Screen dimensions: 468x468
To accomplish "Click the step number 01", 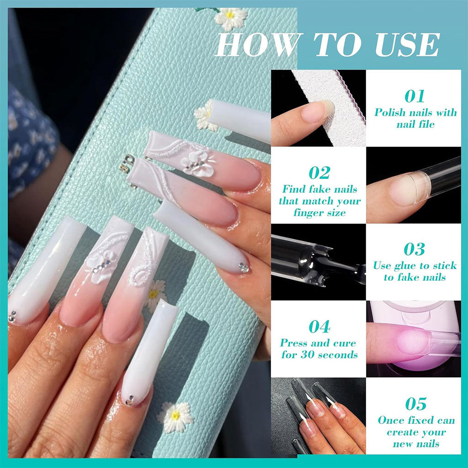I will (x=415, y=96).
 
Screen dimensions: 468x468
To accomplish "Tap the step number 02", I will (x=319, y=173).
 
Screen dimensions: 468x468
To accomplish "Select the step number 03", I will (x=415, y=249).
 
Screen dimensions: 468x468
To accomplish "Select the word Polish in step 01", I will (x=390, y=112).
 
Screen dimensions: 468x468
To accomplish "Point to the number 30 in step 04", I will (x=309, y=354).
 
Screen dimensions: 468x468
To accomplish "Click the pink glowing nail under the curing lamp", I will (x=414, y=340).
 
